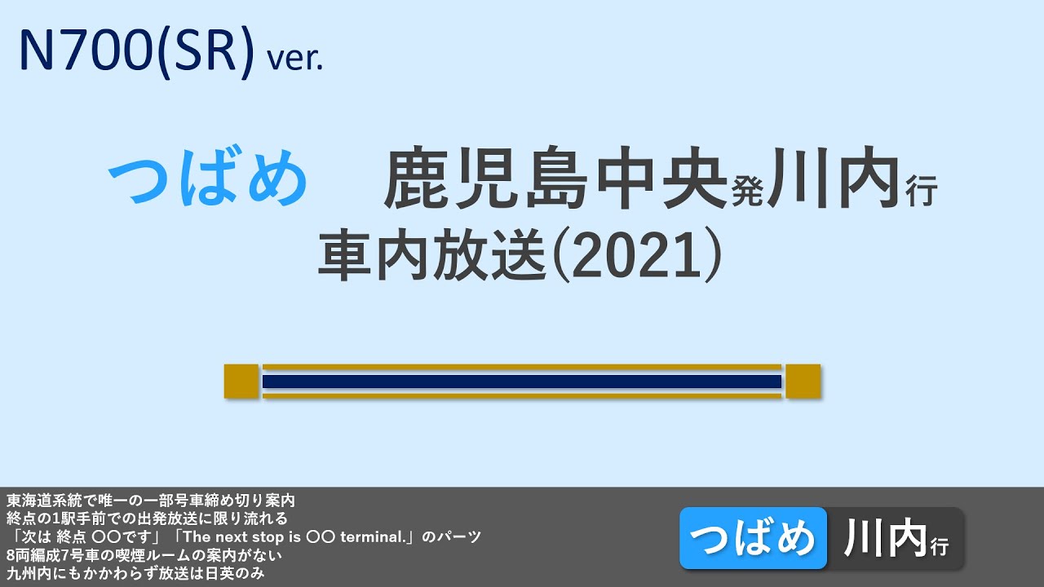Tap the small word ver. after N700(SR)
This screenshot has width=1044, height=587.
click(295, 59)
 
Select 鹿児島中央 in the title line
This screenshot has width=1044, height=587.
click(555, 179)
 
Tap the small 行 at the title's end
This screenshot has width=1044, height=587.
click(922, 193)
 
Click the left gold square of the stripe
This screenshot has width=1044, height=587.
click(241, 382)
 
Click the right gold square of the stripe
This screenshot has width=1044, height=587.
click(803, 382)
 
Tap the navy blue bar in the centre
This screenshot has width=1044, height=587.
click(522, 382)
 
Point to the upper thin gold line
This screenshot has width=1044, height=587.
click(522, 367)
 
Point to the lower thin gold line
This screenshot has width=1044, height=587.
click(522, 396)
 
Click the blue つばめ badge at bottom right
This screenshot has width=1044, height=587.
click(753, 538)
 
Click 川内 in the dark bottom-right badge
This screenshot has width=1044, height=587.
click(885, 538)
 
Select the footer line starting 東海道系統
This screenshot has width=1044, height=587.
click(150, 499)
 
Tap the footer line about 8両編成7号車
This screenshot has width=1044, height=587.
click(144, 555)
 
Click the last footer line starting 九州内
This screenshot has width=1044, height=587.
click(135, 573)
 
